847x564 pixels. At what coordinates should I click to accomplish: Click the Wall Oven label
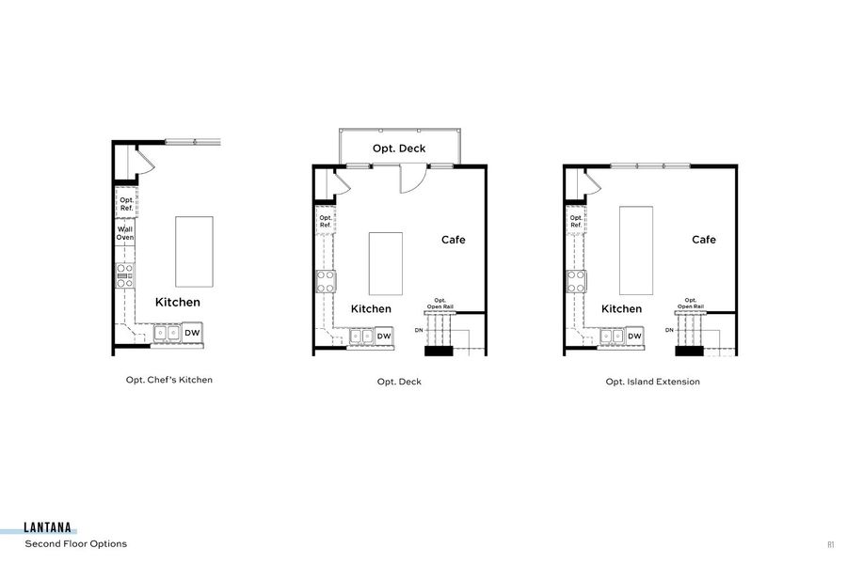click(x=125, y=233)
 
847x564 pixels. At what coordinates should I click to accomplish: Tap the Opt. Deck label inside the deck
click(x=399, y=149)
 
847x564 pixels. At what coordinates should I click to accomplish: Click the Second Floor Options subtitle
click(x=76, y=544)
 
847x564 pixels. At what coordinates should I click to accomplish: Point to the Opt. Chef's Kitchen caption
click(x=169, y=381)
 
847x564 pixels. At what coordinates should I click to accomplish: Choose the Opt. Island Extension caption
click(x=652, y=383)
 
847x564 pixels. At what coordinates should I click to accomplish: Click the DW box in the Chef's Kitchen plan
click(x=192, y=333)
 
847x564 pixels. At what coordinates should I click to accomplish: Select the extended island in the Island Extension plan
click(x=636, y=249)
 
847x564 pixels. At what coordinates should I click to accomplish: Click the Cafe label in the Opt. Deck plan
click(x=454, y=240)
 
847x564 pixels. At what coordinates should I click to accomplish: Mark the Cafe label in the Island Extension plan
click(x=704, y=240)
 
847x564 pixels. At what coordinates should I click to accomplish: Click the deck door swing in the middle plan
click(x=411, y=179)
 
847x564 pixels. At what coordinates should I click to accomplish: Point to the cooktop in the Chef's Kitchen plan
click(x=125, y=274)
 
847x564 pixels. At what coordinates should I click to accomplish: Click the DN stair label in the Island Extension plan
click(x=669, y=330)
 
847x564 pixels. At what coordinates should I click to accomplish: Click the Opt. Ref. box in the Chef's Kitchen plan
click(x=126, y=202)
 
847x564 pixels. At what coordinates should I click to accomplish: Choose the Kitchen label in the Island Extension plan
click(x=621, y=308)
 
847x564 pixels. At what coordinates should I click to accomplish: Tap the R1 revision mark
click(x=831, y=544)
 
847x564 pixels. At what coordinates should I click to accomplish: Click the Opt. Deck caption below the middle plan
click(x=399, y=383)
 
